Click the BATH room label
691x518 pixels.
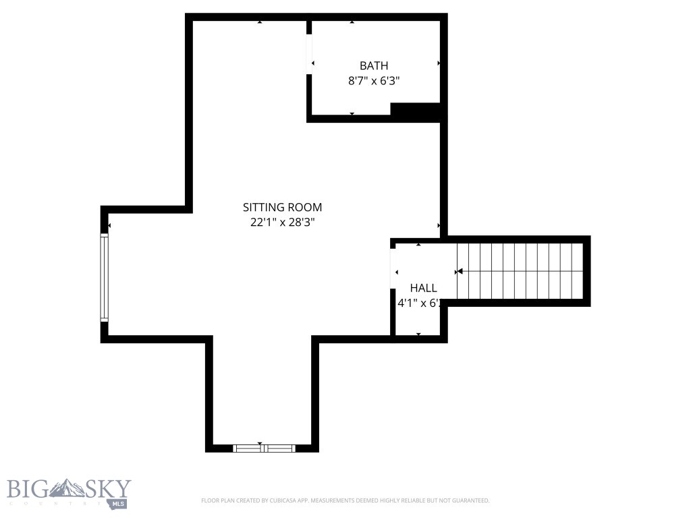(373, 65)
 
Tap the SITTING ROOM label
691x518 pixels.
(282, 207)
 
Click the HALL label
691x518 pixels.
(423, 288)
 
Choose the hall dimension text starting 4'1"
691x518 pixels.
(419, 303)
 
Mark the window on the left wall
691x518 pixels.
(104, 277)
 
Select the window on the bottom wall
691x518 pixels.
(264, 447)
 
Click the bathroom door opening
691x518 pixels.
(309, 55)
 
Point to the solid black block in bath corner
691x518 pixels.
(416, 112)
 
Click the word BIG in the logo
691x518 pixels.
(27, 489)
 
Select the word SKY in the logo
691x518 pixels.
(109, 489)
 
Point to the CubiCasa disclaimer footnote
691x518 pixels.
(345, 500)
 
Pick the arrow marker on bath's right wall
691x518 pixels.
(439, 63)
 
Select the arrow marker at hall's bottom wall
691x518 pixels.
(418, 334)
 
